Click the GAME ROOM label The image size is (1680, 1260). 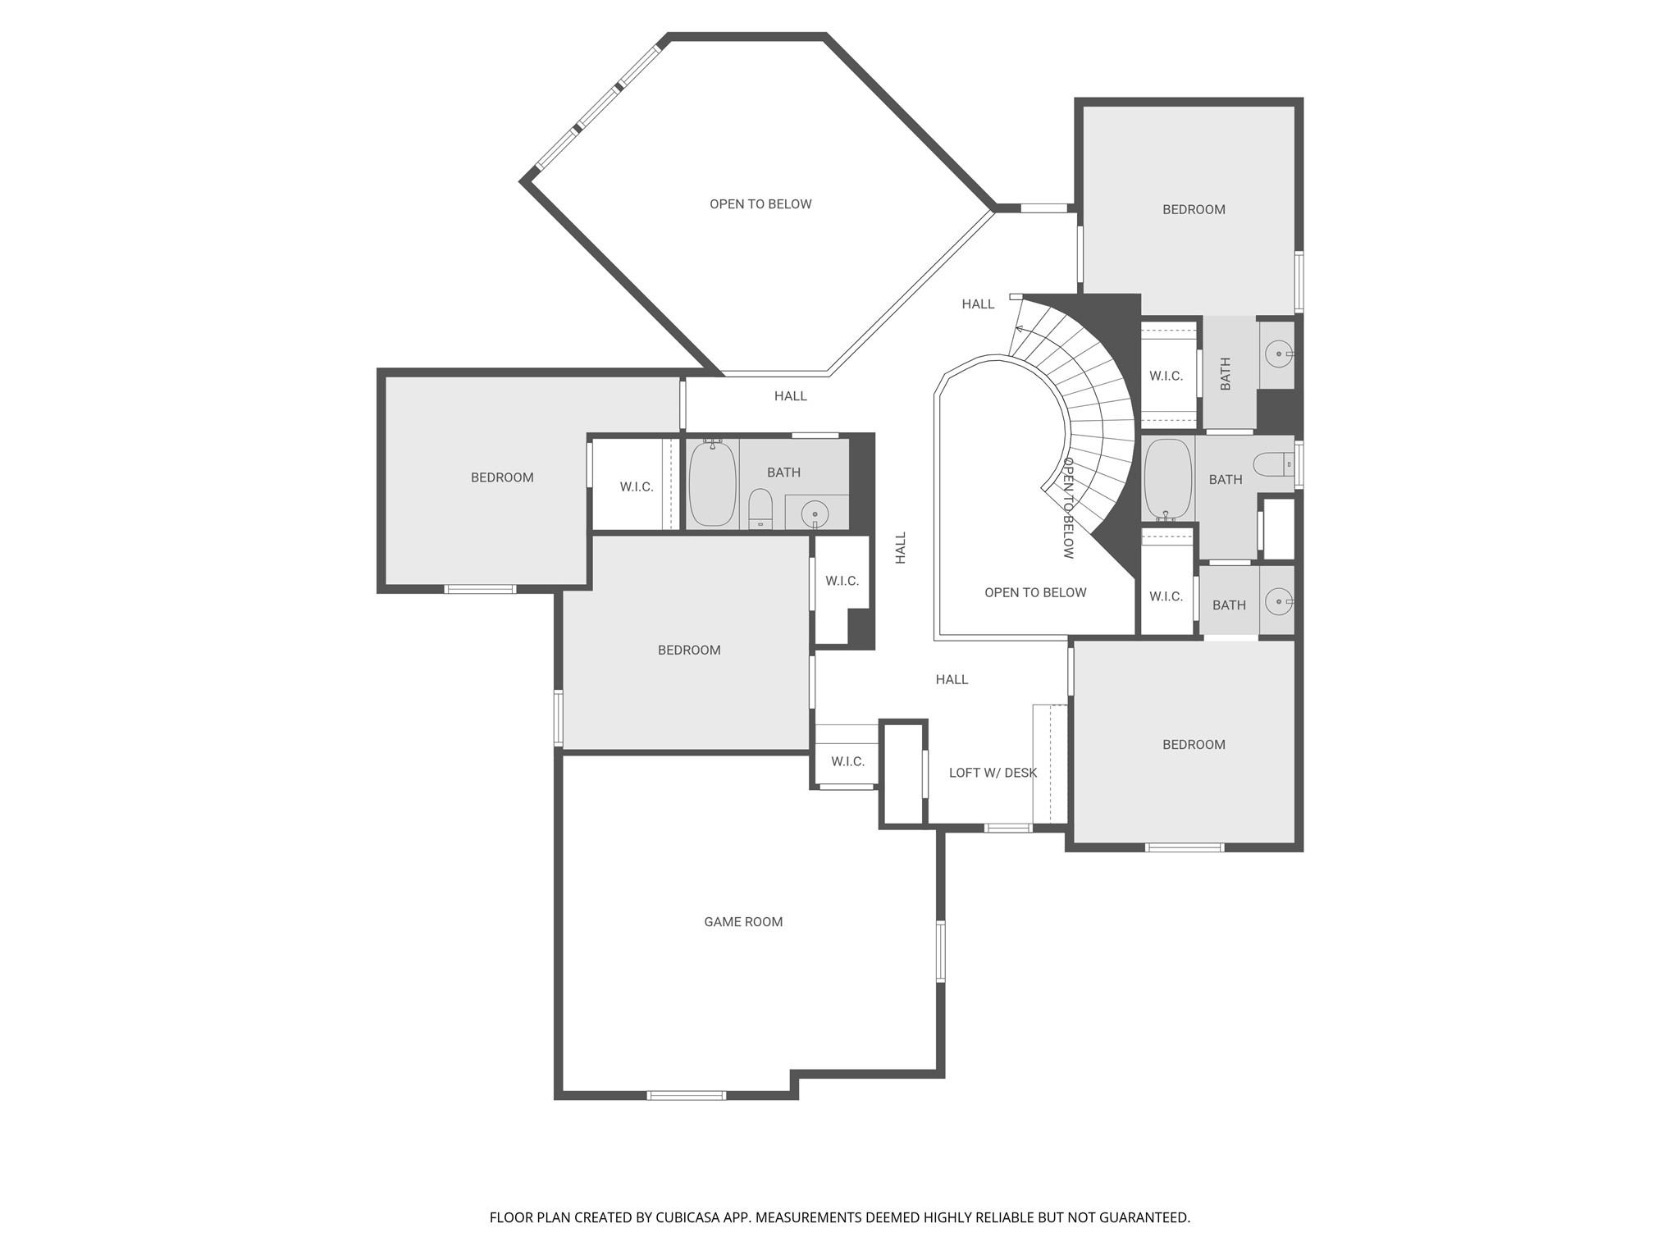pos(743,922)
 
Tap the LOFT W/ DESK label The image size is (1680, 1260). pos(993,773)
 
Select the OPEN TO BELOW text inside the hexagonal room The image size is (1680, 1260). pos(760,204)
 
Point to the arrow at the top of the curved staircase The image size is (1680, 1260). pos(1020,329)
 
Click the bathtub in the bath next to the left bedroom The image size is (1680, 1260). pos(712,483)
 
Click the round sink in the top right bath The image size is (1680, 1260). pos(1278,354)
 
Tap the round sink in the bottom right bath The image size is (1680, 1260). pos(1278,601)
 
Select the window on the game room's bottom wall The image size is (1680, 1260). pos(687,1095)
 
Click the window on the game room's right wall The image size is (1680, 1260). pos(941,952)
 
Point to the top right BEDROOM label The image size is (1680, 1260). pos(1194,210)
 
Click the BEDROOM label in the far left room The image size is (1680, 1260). pos(502,477)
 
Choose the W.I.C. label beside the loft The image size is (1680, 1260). pos(847,762)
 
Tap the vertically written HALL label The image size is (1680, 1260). pos(901,547)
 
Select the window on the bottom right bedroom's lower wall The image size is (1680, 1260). pos(1185,847)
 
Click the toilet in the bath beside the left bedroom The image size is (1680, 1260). pos(760,509)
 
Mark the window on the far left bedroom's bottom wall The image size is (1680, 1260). pos(481,589)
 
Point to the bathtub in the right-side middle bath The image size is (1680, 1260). pos(1167,480)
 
